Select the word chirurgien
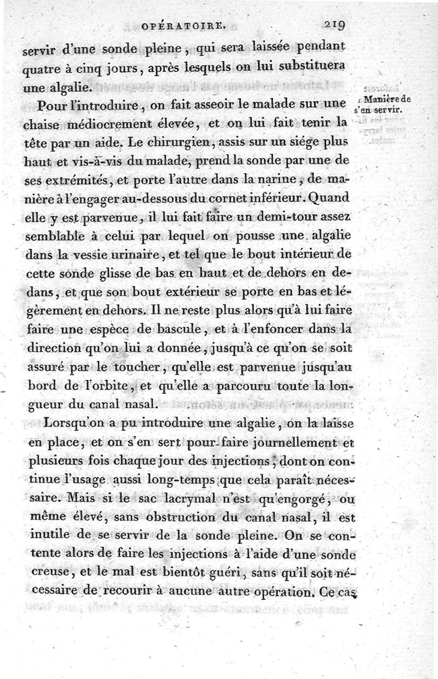tap(173, 144)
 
